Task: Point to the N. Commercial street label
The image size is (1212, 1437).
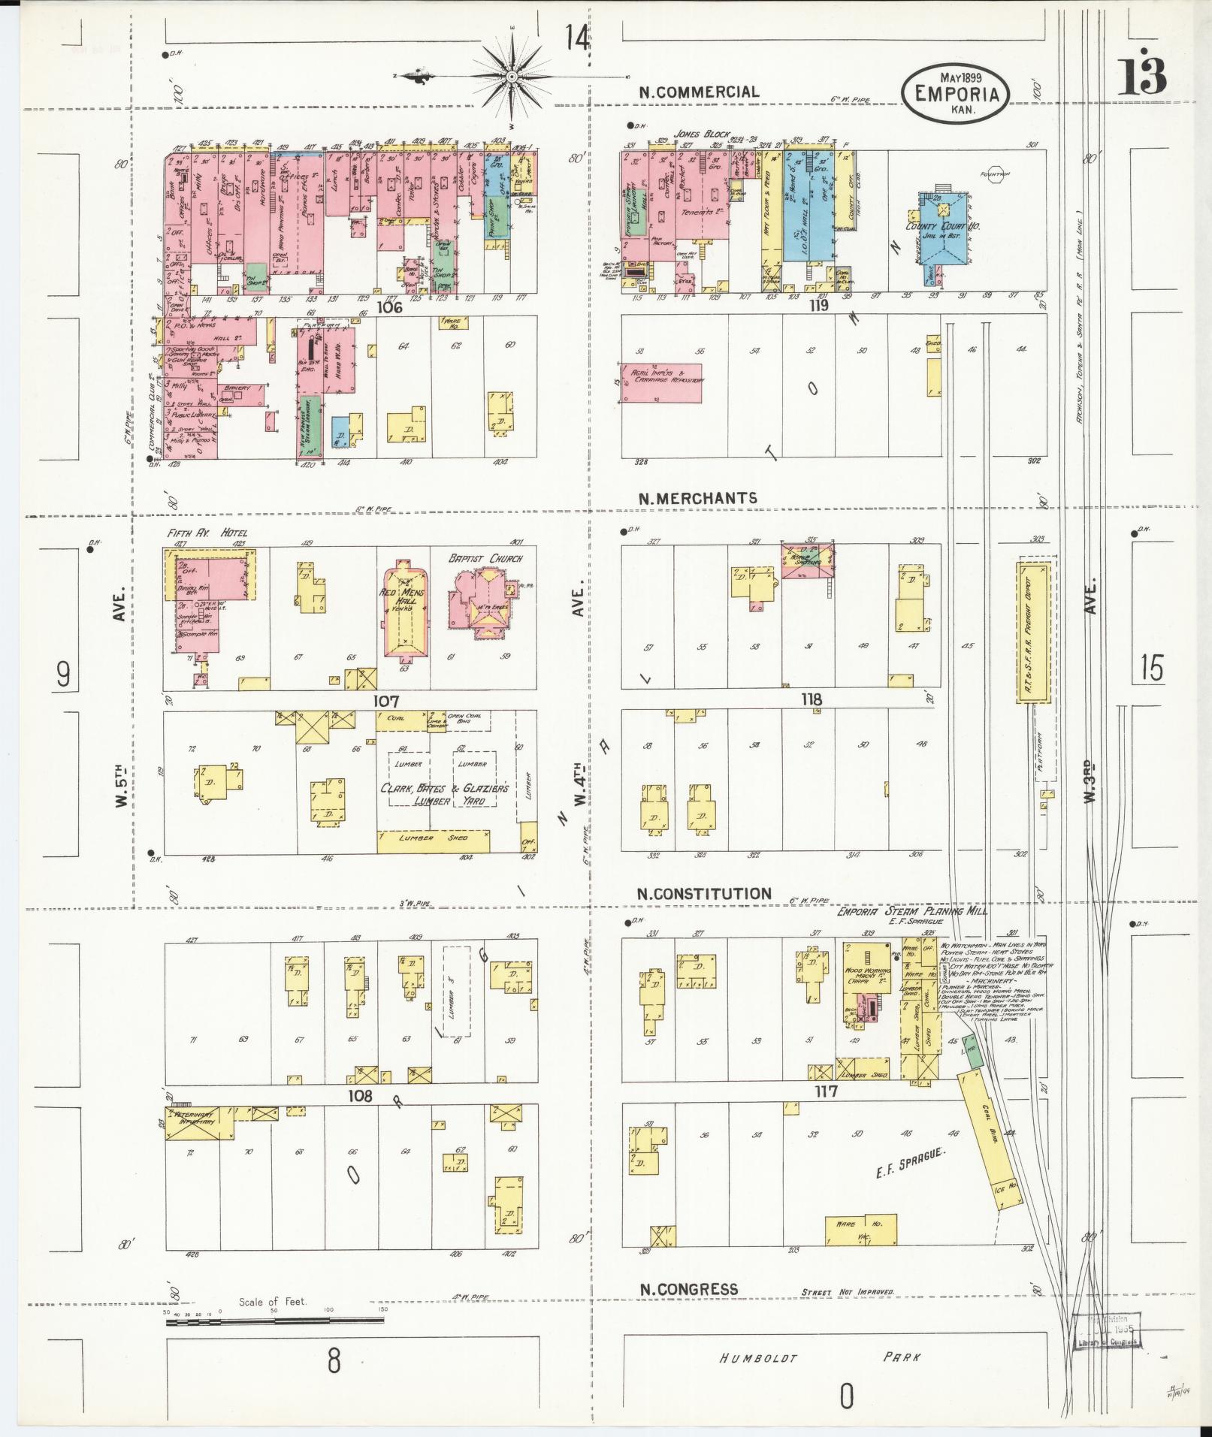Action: coord(699,92)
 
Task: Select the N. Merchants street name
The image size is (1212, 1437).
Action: coord(698,498)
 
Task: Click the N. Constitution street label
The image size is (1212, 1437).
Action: coord(704,894)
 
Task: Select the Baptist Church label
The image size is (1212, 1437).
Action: coord(485,558)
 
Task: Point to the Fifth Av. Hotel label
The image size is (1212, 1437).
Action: coord(207,533)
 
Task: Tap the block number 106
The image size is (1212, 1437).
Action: coord(391,306)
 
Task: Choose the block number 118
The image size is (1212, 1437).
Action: coord(812,699)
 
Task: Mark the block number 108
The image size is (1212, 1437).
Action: coord(359,1096)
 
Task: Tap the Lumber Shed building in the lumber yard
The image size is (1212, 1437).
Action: coord(433,839)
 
